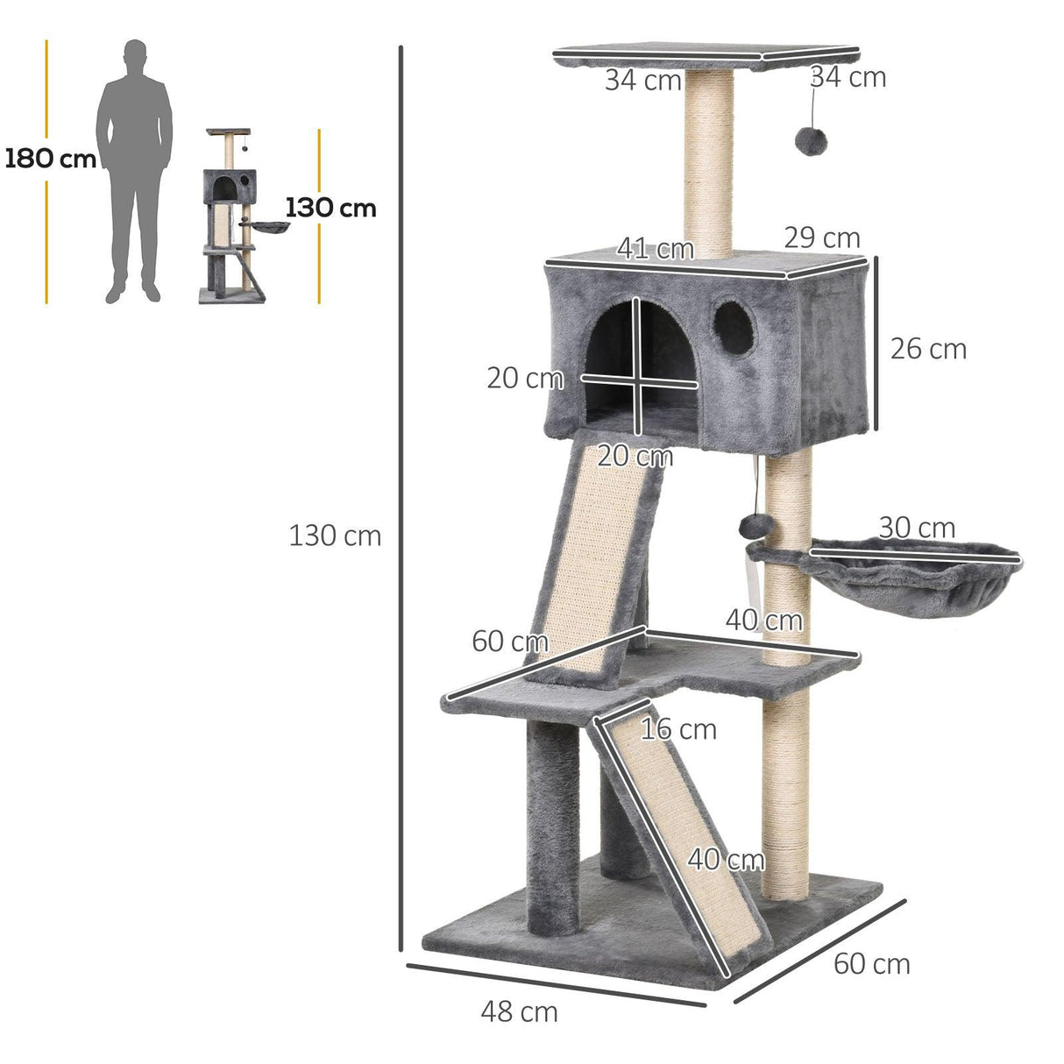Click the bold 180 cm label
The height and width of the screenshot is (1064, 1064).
(x=50, y=159)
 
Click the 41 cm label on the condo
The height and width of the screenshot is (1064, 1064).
(x=655, y=249)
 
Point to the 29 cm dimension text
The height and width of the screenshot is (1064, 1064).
(x=821, y=238)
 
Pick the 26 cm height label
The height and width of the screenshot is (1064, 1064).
(x=927, y=349)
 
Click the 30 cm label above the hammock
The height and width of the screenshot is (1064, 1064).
(x=916, y=528)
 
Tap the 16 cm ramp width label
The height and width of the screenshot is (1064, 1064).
(x=677, y=729)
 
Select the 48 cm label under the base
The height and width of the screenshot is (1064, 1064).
(x=519, y=1011)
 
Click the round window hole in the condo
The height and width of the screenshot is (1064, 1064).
(x=734, y=328)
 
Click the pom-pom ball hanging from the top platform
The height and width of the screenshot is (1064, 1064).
(x=807, y=140)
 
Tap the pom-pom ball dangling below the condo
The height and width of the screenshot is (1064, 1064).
(x=753, y=526)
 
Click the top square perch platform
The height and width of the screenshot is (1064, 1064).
(x=701, y=55)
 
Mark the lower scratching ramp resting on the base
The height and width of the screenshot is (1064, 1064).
(x=679, y=833)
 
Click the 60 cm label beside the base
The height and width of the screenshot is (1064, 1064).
(x=871, y=964)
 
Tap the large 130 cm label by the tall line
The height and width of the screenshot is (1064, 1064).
(x=335, y=536)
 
